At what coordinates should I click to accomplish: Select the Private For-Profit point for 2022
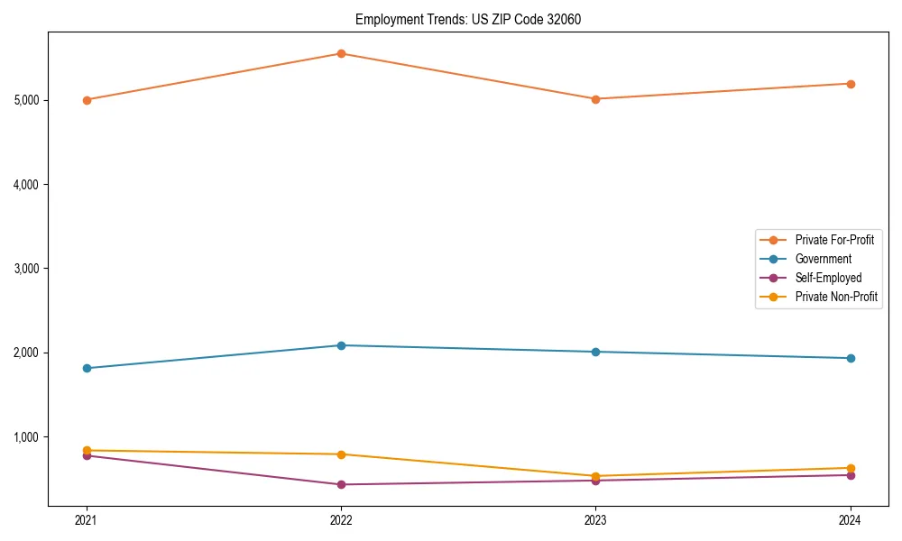341,53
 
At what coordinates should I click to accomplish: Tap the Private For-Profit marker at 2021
87,100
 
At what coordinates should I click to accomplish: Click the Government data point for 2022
341,345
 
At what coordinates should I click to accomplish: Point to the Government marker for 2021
87,368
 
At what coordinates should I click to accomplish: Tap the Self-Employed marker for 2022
341,484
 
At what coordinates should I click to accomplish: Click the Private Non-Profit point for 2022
341,454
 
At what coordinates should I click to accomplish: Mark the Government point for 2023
595,352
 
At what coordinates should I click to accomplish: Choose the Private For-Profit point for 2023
595,99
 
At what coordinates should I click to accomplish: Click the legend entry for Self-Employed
828,278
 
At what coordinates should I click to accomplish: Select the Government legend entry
823,259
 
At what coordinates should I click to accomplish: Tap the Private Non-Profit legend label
836,297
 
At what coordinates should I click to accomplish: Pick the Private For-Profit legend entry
834,240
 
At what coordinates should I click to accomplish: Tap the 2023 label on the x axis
595,520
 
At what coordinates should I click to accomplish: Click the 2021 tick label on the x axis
87,520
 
